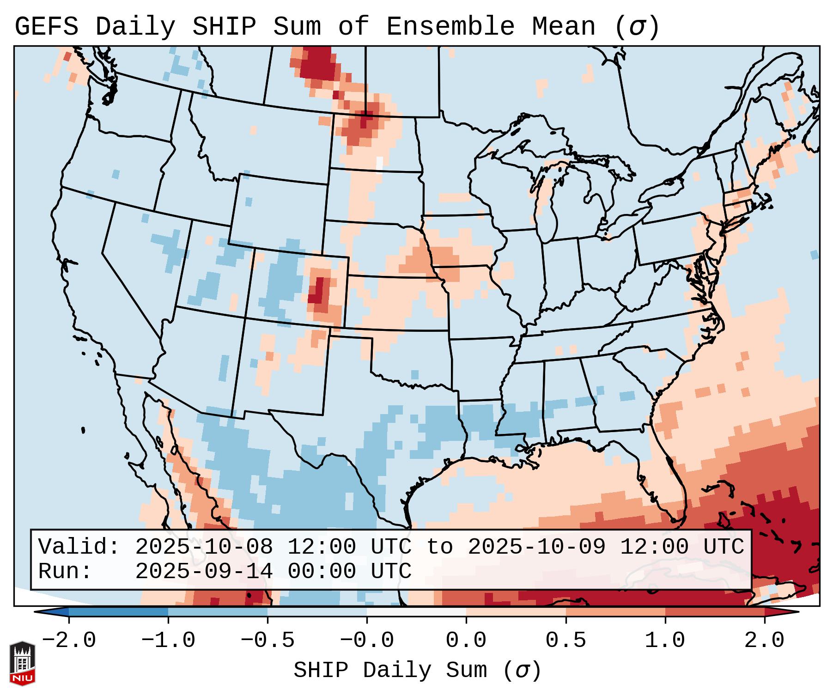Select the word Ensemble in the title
(x=450, y=27)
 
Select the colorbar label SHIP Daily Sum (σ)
(x=417, y=671)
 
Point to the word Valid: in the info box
(x=79, y=547)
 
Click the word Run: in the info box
(x=65, y=571)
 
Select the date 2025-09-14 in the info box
(x=204, y=571)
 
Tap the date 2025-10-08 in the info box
(x=204, y=547)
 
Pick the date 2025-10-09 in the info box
(x=536, y=547)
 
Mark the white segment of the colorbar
(x=416, y=611)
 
